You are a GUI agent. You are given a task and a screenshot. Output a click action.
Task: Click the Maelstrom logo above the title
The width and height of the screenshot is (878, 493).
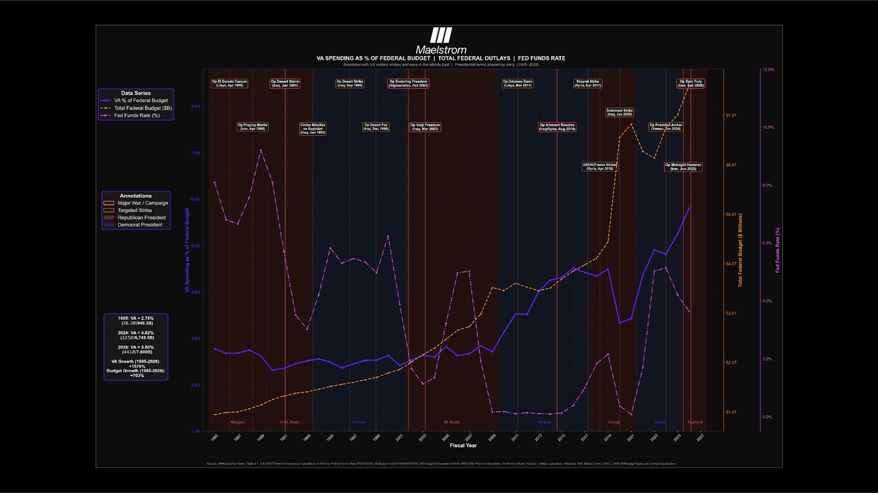pyautogui.click(x=441, y=36)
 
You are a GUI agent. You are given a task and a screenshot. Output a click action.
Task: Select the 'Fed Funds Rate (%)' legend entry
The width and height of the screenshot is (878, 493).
pyautogui.click(x=137, y=115)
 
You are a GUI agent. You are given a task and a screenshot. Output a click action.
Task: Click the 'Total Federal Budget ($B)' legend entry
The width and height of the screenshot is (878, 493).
pyautogui.click(x=143, y=108)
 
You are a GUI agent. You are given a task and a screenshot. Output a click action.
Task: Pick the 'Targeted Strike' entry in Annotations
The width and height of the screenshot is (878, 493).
pyautogui.click(x=134, y=210)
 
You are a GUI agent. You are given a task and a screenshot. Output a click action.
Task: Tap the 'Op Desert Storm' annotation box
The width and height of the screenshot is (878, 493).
pyautogui.click(x=285, y=84)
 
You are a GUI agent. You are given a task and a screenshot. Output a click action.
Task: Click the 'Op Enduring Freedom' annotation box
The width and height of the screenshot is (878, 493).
pyautogui.click(x=408, y=84)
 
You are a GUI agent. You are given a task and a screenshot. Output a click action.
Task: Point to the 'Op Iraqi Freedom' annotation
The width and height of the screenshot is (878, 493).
pyautogui.click(x=425, y=127)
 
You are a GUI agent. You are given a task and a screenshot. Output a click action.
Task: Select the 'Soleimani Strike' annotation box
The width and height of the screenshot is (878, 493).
pyautogui.click(x=619, y=112)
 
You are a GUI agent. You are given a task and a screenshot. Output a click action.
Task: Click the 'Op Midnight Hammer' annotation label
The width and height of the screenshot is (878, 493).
pyautogui.click(x=683, y=167)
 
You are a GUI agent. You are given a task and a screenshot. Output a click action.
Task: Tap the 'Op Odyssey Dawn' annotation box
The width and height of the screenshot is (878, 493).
pyautogui.click(x=517, y=84)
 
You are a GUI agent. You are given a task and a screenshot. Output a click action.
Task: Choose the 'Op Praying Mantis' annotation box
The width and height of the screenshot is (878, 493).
pyautogui.click(x=252, y=127)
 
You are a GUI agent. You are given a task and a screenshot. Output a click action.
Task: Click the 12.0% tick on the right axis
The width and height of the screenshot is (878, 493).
pyautogui.click(x=768, y=69)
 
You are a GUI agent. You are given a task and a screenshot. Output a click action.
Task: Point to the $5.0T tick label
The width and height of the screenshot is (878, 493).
pyautogui.click(x=731, y=215)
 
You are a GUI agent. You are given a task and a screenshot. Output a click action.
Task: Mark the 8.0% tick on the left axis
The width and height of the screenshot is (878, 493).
pyautogui.click(x=196, y=107)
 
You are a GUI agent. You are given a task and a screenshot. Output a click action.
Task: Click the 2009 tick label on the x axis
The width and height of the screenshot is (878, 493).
pyautogui.click(x=492, y=438)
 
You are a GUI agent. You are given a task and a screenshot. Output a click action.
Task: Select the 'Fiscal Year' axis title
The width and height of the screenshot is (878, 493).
pyautogui.click(x=463, y=445)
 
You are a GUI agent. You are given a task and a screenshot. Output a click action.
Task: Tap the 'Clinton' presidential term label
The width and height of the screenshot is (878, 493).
pyautogui.click(x=359, y=422)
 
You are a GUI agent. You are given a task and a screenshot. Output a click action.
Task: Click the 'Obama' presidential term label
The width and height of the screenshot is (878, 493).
pyautogui.click(x=544, y=422)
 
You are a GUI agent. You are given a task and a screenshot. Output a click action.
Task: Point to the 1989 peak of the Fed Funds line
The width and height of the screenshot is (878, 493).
pyautogui.click(x=261, y=150)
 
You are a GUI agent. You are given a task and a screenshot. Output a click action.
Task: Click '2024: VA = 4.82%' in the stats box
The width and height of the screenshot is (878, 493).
pyautogui.click(x=136, y=333)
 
